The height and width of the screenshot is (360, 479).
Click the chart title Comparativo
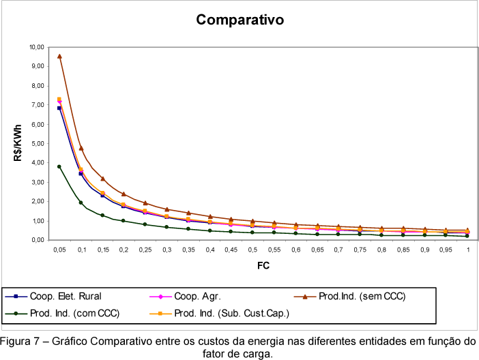[x=239, y=20]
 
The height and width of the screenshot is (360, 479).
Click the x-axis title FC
[x=263, y=265]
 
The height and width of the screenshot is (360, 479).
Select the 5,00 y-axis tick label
[x=37, y=144]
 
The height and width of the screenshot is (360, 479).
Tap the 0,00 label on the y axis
[x=37, y=240]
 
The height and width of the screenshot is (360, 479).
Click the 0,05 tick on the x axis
[x=59, y=250]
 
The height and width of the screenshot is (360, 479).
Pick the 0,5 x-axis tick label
[x=252, y=250]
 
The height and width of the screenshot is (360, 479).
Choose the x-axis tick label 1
[x=468, y=250]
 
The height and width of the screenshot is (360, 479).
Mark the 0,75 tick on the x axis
[x=360, y=250]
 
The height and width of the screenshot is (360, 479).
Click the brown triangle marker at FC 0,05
[x=59, y=57]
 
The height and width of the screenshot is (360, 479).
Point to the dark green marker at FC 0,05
[x=59, y=166]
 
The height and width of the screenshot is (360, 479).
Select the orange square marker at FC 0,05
[x=59, y=100]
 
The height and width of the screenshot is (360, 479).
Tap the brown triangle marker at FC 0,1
[x=81, y=148]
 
